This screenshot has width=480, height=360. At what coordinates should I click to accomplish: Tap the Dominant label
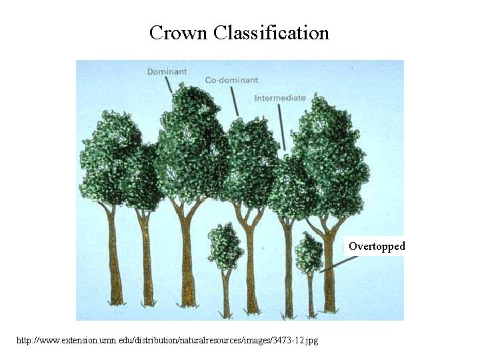pyautogui.click(x=166, y=71)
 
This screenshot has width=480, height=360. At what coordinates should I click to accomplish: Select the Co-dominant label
pyautogui.click(x=231, y=80)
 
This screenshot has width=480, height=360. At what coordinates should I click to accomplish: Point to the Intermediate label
pyautogui.click(x=280, y=98)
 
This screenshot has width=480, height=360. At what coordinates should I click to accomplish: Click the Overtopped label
pyautogui.click(x=376, y=247)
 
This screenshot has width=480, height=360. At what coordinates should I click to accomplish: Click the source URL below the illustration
pyautogui.click(x=167, y=341)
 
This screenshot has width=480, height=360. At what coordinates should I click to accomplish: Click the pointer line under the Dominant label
pyautogui.click(x=169, y=85)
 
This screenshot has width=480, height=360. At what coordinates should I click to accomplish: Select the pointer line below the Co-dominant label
pyautogui.click(x=235, y=102)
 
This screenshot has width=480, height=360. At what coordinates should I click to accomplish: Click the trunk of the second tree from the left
pyautogui.click(x=147, y=260)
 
